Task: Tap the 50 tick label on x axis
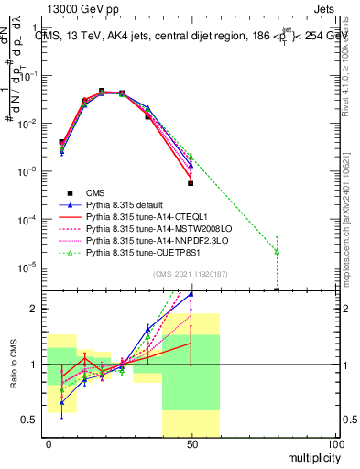191,444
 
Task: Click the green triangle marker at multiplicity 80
277,251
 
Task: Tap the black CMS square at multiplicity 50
191,183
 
